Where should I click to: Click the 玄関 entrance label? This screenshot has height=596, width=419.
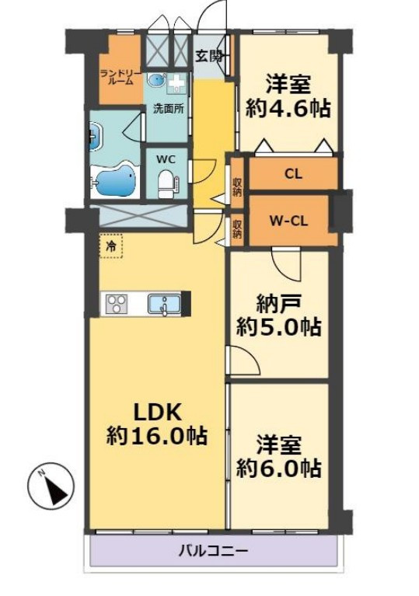pos(209,56)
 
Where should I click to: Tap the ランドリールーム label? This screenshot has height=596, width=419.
pos(121,77)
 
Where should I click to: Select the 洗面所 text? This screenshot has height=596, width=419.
pos(168,109)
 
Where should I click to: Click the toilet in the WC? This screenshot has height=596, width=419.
pos(166,184)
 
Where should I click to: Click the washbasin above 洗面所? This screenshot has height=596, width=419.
pos(157,81)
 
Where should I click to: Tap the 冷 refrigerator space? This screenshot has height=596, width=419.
pos(111,246)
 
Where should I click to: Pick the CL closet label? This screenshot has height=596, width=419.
pos(293,174)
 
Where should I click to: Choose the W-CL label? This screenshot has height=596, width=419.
pos(288,221)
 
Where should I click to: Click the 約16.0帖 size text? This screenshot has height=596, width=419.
pos(157,436)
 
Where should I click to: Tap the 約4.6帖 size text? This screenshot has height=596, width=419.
pos(288,109)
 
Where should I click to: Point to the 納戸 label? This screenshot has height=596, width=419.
pos(279,304)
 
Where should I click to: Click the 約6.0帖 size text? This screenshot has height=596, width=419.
pos(279,469)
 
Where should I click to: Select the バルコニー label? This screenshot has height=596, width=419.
pos(214,551)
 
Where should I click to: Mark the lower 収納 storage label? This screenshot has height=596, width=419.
pos(237,228)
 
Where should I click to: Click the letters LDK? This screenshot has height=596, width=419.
pos(157,412)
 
